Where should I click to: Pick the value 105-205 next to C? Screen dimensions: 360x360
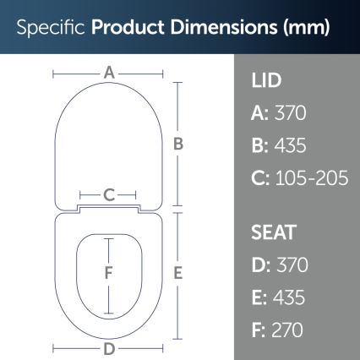(308, 178)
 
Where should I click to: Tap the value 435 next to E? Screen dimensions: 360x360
(287, 297)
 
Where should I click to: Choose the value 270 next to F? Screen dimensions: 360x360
(286, 330)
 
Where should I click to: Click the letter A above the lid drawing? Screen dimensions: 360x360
(109, 74)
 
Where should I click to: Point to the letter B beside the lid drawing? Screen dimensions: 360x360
(178, 144)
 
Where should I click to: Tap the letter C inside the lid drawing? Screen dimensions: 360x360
(109, 194)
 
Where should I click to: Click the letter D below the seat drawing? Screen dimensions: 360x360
(109, 348)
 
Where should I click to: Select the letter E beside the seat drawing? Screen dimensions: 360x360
(178, 273)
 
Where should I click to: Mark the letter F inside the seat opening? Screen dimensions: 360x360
(108, 273)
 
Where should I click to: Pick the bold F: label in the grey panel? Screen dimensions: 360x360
(258, 330)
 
